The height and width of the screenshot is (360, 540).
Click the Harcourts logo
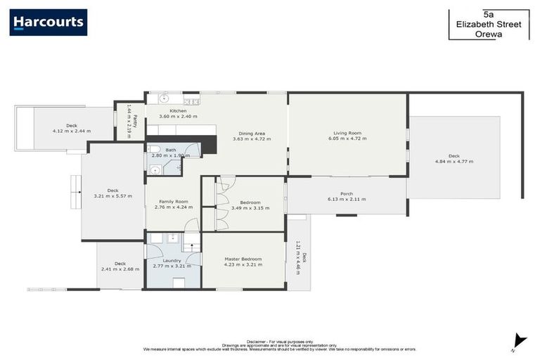coord(49,22)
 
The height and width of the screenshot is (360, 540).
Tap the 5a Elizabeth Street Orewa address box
coord(489,23)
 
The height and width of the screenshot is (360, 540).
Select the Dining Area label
coord(251,133)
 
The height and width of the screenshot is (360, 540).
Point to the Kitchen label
coord(178,110)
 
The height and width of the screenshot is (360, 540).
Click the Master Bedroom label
coord(243,259)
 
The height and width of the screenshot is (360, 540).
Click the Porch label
coord(347,193)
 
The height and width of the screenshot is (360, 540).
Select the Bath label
coord(171,150)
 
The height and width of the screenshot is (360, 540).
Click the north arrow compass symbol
coord(519,340)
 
